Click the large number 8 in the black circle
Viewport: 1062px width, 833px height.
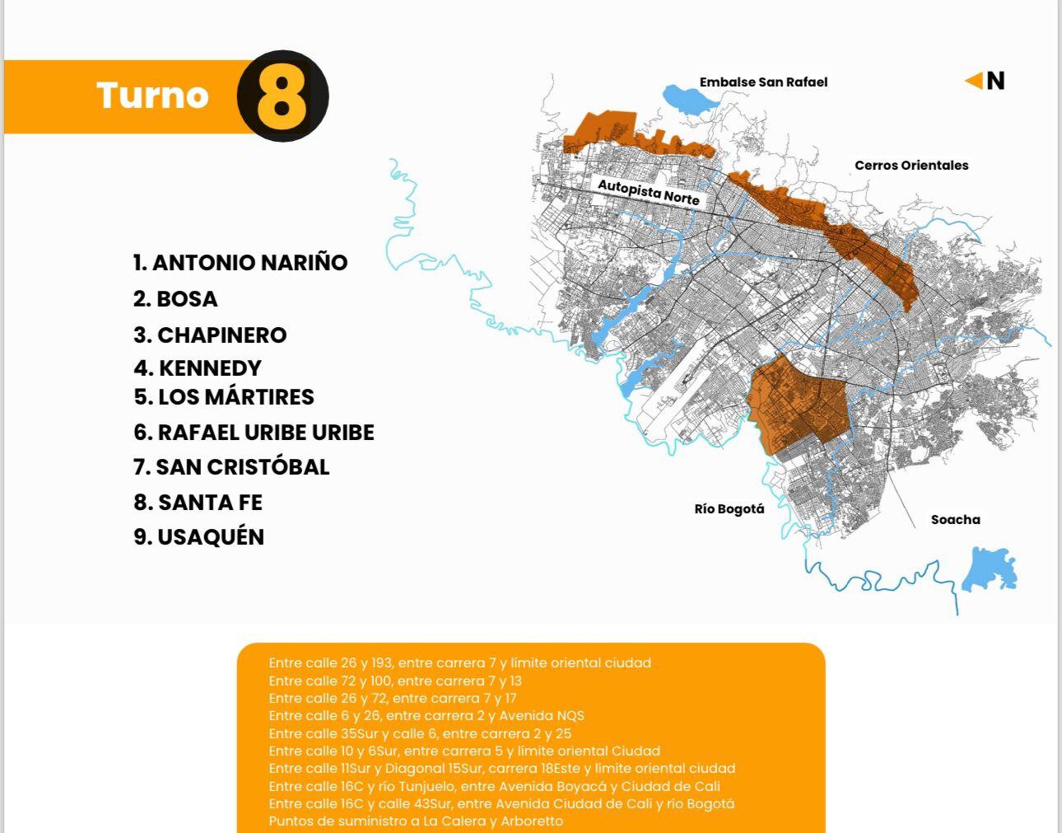[x=282, y=96]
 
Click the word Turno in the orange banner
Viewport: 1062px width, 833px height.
[x=152, y=96]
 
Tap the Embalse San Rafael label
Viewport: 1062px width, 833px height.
[x=763, y=82]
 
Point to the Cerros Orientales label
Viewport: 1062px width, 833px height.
[x=911, y=165]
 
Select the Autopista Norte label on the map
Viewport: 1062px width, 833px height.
[x=649, y=192]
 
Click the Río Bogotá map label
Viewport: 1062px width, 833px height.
[x=729, y=508]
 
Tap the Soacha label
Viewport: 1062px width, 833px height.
[x=955, y=519]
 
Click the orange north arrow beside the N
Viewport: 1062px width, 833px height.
[x=975, y=80]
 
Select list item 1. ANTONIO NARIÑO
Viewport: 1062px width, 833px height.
[x=240, y=262]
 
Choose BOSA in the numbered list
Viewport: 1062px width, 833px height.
[x=175, y=298]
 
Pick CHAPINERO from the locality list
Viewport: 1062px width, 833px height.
[x=210, y=335]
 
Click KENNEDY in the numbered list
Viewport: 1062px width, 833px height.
[x=198, y=367]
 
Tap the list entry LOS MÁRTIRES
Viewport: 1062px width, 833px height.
[x=224, y=396]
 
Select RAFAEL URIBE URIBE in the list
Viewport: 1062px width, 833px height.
[x=254, y=432]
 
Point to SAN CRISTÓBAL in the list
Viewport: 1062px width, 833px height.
[x=231, y=466]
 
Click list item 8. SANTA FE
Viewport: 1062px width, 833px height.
[x=198, y=502]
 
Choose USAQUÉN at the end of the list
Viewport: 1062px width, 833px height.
[x=198, y=536]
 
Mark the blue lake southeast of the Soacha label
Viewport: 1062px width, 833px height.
[x=990, y=568]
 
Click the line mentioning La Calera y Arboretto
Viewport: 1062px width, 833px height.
[x=416, y=821]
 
